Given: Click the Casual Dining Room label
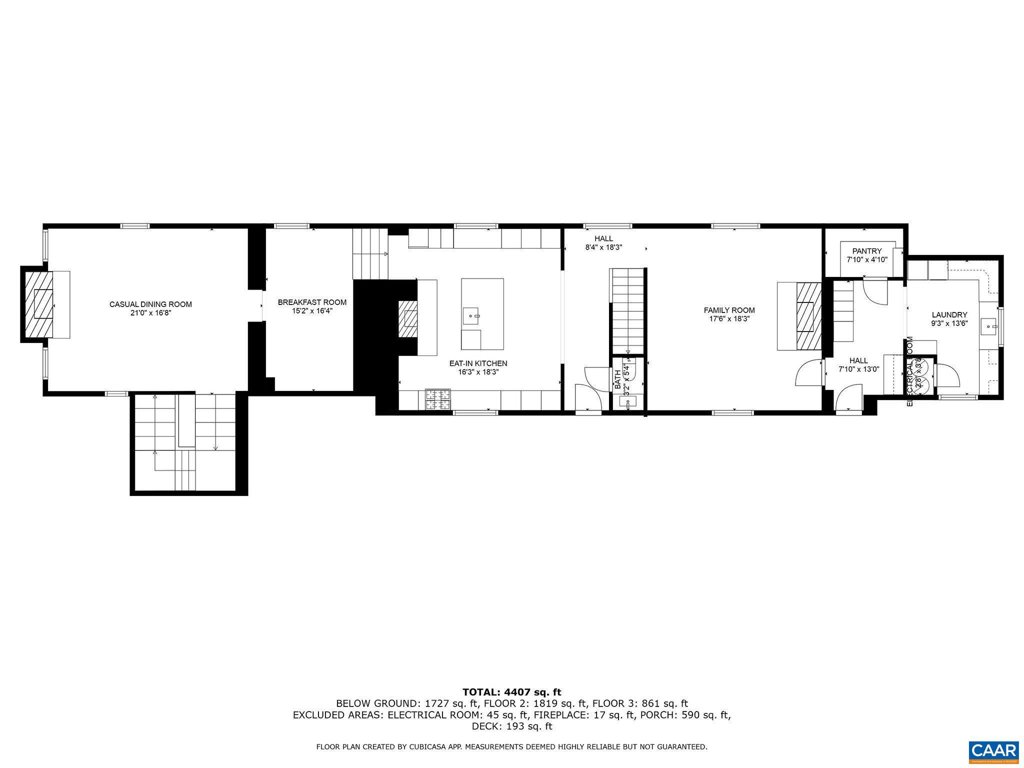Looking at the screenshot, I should (150, 304).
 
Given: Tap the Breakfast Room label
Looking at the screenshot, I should (312, 302).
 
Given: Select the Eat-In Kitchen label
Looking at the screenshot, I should (478, 363).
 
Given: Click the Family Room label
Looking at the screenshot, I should (729, 310).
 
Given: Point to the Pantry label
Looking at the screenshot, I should (867, 251).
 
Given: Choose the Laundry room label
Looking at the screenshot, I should (949, 314).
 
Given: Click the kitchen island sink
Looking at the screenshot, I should (471, 316).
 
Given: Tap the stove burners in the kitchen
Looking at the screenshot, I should (438, 399).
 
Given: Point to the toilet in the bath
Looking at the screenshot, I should (628, 370).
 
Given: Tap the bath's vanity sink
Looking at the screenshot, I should (627, 401).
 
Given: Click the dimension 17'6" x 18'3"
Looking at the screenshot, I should (729, 318).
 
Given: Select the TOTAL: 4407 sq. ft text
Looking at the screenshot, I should (511, 692).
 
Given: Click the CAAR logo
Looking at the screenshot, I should (993, 752).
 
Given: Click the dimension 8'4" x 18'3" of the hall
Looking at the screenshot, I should (603, 247).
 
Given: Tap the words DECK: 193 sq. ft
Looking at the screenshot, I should (511, 726).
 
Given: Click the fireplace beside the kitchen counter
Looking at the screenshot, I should (407, 318).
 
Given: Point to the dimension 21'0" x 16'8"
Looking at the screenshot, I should (150, 312).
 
